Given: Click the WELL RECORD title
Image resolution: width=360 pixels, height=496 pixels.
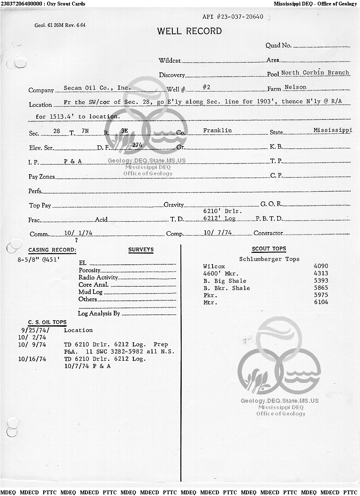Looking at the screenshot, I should pyautogui.click(x=189, y=31).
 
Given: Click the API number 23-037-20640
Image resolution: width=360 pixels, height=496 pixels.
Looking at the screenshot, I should pyautogui.click(x=233, y=17).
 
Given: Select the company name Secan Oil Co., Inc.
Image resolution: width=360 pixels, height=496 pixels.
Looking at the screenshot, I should pyautogui.click(x=97, y=88).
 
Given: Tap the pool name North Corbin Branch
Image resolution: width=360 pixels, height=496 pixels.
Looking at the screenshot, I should pyautogui.click(x=315, y=73).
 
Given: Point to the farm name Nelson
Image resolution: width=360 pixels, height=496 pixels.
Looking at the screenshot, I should pyautogui.click(x=295, y=87).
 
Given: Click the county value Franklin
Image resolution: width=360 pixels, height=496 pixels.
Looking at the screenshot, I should pyautogui.click(x=217, y=130).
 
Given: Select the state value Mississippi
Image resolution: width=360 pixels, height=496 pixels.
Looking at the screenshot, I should pyautogui.click(x=332, y=130).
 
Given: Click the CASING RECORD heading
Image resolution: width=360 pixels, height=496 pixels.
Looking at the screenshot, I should pyautogui.click(x=52, y=250).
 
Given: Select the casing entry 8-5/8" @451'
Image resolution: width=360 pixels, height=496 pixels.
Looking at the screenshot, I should pyautogui.click(x=39, y=260).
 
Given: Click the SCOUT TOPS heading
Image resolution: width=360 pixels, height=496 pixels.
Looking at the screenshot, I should pyautogui.click(x=269, y=249).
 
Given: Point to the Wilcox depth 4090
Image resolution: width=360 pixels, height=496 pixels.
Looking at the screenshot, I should pyautogui.click(x=321, y=266).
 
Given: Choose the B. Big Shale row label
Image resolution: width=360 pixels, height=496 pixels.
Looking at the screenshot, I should pyautogui.click(x=224, y=281).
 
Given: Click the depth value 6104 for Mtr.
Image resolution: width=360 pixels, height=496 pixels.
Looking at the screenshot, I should pyautogui.click(x=321, y=302).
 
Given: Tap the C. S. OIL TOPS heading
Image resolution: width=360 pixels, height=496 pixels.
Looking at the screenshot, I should pyautogui.click(x=47, y=322).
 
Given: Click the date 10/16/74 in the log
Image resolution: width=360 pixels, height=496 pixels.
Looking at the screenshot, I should pyautogui.click(x=32, y=359).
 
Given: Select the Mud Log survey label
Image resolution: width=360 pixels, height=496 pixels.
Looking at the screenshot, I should pyautogui.click(x=90, y=292).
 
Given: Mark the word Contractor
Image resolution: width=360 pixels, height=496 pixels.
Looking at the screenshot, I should pyautogui.click(x=268, y=233).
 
